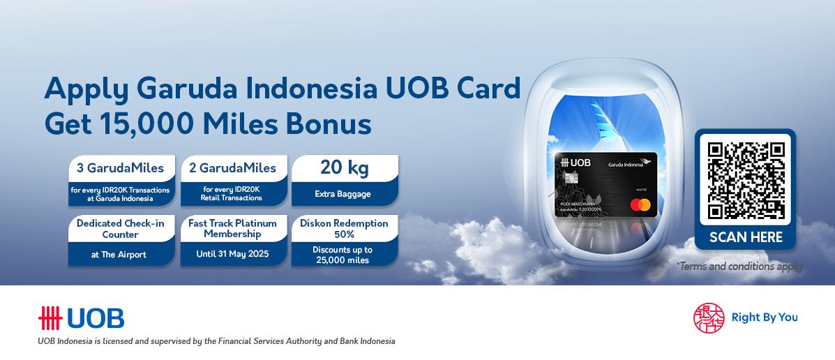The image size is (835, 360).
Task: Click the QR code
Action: tap(746, 181)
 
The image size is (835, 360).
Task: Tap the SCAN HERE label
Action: tap(746, 237)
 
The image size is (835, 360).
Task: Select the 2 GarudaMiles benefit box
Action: tap(233, 181)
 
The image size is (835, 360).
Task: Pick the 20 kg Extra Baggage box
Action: tap(345, 181)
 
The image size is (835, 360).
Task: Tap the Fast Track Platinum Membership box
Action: tap(233, 241)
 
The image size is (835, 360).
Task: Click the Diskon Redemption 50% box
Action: tap(345, 241)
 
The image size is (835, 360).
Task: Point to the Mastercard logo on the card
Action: tap(639, 205)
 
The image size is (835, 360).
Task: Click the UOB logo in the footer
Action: tap(81, 318)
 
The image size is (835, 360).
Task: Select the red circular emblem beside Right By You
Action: tap(709, 317)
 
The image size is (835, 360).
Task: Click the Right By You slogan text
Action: tap(764, 317)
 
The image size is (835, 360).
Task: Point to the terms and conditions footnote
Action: tap(739, 267)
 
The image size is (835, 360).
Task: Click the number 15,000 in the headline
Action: tap(145, 123)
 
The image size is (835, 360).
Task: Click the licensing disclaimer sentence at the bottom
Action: tap(216, 341)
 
